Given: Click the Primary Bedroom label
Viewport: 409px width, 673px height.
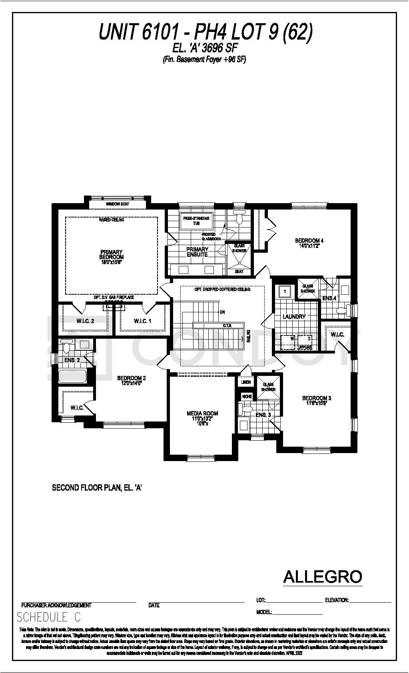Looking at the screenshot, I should pyautogui.click(x=112, y=255).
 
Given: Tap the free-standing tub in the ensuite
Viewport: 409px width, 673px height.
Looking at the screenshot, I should pyautogui.click(x=196, y=221).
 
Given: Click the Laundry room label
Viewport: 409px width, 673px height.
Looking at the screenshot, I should pyautogui.click(x=294, y=317).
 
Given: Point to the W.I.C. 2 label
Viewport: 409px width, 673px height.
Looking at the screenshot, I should pyautogui.click(x=85, y=321).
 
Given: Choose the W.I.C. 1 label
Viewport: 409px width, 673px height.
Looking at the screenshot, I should pyautogui.click(x=143, y=321).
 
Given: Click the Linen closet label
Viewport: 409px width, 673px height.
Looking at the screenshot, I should pyautogui.click(x=246, y=382).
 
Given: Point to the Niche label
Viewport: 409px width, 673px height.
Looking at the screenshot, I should pyautogui.click(x=247, y=396).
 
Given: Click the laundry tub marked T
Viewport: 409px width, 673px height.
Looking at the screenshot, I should pyautogui.click(x=285, y=292).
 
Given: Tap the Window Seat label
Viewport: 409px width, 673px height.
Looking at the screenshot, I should pyautogui.click(x=117, y=204).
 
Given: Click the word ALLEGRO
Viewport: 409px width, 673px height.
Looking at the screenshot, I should pyautogui.click(x=322, y=577).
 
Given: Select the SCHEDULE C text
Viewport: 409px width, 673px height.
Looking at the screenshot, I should pyautogui.click(x=48, y=617).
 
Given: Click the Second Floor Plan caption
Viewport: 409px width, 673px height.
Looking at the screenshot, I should pyautogui.click(x=97, y=488).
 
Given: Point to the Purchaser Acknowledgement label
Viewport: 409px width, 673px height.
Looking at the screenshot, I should pyautogui.click(x=56, y=605).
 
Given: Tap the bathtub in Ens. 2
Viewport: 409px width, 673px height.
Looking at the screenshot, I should pyautogui.click(x=72, y=376).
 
